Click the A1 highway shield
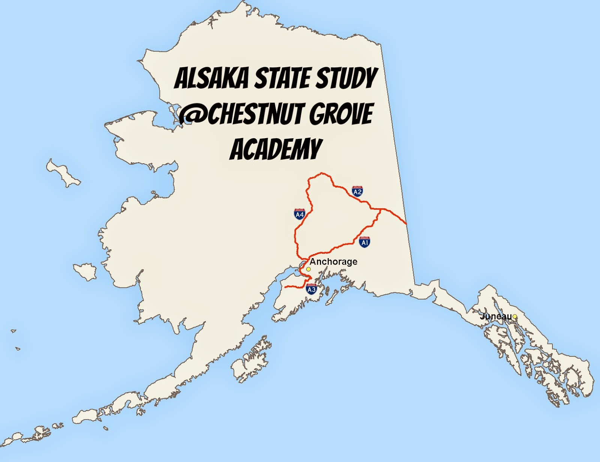click(x=364, y=242)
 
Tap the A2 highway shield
click(x=357, y=191)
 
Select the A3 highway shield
click(x=311, y=289)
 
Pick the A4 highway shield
click(x=299, y=214)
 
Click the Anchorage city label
click(x=333, y=262)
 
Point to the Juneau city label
click(x=496, y=316)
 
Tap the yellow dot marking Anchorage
click(x=308, y=269)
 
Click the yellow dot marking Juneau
click(x=515, y=317)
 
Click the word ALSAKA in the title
click(x=212, y=79)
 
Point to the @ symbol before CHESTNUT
click(x=192, y=114)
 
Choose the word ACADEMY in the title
click(x=276, y=149)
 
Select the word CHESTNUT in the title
click(x=253, y=114)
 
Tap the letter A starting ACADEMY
click(x=237, y=149)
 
